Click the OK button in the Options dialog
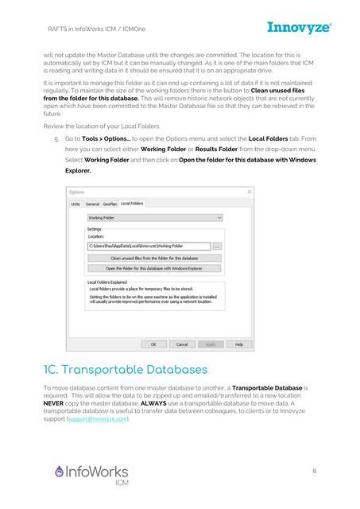tap(153, 344)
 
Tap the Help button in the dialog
tap(235, 344)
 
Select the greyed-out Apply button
tap(210, 344)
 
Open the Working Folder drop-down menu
tap(154, 217)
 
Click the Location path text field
tap(148, 247)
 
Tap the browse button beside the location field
tap(218, 247)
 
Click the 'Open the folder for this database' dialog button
tap(153, 268)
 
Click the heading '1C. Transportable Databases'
tap(126, 371)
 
